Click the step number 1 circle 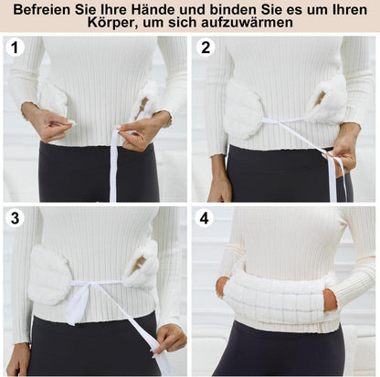pyautogui.click(x=15, y=47)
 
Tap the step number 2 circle pyautogui.click(x=206, y=47)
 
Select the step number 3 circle pyautogui.click(x=15, y=218)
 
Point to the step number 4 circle pyautogui.click(x=204, y=218)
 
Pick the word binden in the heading pyautogui.click(x=231, y=10)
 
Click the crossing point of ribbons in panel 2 pyautogui.click(x=278, y=122)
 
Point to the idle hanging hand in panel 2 pyautogui.click(x=219, y=176)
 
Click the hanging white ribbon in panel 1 pyautogui.click(x=114, y=164)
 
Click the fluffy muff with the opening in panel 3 pyautogui.click(x=142, y=264)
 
